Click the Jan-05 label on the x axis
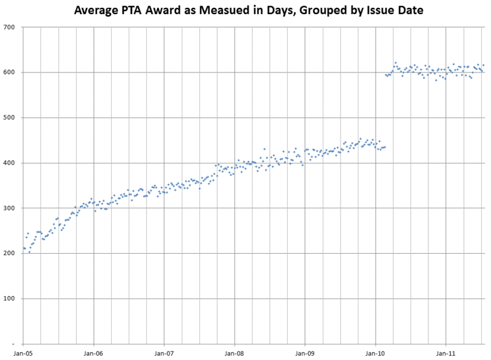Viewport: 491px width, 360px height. [23, 353]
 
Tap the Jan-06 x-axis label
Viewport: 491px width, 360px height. [93, 353]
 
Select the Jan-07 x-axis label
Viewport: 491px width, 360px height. [164, 353]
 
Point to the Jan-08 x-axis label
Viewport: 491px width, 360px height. [234, 353]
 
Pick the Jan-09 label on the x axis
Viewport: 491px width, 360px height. [305, 353]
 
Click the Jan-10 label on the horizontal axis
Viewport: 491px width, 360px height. [376, 353]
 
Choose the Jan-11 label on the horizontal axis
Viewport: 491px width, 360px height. [446, 353]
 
